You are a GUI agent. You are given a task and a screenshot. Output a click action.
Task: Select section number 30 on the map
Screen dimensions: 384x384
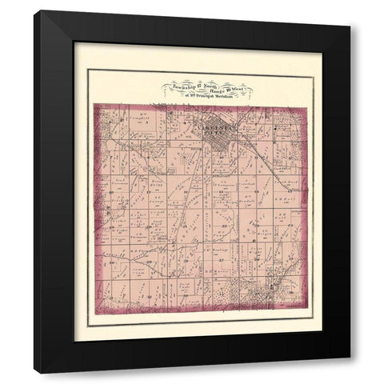(111, 262)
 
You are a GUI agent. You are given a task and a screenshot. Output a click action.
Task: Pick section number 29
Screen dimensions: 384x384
(149, 261)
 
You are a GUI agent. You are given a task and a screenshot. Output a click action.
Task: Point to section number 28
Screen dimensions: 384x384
(186, 260)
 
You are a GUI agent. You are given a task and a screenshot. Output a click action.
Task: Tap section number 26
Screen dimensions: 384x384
(257, 258)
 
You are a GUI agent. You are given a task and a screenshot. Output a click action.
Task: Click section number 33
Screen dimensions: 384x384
(185, 295)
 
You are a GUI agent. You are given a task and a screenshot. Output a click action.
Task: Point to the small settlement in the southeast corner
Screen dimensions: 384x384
(268, 292)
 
